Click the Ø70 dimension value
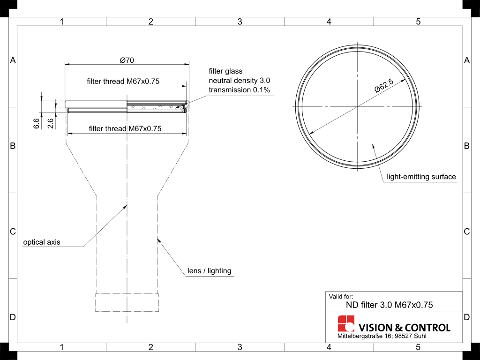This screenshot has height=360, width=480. tap(127, 60)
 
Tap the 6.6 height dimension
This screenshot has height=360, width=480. tap(37, 124)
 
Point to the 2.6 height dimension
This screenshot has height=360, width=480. tap(51, 124)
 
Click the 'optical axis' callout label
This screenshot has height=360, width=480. tap(42, 242)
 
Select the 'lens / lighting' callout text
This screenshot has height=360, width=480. tap(209, 271)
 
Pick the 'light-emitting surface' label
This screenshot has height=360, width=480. tap(421, 177)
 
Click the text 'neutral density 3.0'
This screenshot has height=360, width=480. tap(240, 81)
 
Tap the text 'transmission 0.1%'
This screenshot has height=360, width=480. tap(239, 90)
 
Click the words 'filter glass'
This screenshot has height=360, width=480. tap(225, 71)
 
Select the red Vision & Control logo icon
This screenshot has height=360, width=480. tap(346, 324)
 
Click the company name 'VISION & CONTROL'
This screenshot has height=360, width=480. tap(404, 328)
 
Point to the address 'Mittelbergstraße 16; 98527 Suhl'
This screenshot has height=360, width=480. tap(382, 337)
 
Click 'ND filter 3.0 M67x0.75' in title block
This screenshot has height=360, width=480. tap(389, 305)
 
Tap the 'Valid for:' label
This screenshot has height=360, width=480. tap(341, 296)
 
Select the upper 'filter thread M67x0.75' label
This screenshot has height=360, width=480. tap(123, 81)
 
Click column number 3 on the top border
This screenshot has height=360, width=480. tap(240, 22)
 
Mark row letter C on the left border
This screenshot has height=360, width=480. tap(13, 232)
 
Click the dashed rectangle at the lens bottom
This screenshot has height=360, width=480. tap(127, 302)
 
